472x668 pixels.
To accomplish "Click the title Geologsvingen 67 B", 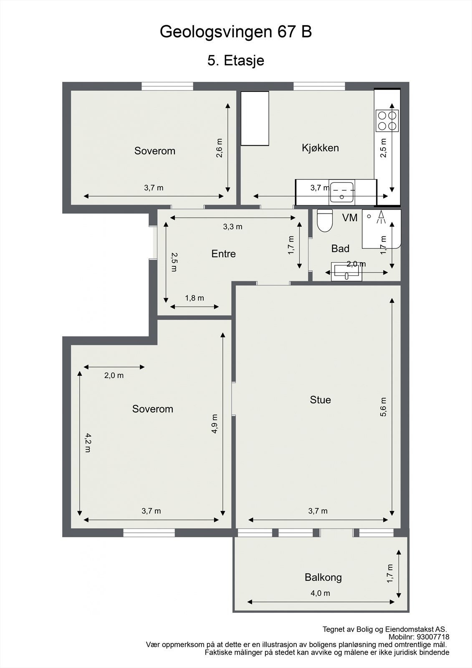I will point(236,32).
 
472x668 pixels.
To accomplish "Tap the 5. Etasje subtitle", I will point(236,61).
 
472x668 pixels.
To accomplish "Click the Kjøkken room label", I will point(320,148).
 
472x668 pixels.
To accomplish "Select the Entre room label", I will point(223,254).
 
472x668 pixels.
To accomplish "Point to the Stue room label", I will point(320,400).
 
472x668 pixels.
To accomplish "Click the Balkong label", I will point(323,577).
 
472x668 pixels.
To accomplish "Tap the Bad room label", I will point(340,249).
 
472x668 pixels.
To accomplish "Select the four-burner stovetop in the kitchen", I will point(387,120).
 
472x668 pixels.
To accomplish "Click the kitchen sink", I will point(342,192).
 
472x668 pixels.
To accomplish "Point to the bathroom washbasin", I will point(346,272).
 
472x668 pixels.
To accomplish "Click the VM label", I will point(350,218).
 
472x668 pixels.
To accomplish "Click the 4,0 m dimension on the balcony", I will point(321,593).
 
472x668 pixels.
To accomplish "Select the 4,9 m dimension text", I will point(215,424).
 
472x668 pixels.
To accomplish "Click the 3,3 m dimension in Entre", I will point(232,227).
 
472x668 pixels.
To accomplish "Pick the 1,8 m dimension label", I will point(194,298).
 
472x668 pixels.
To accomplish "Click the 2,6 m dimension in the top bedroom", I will point(220,148).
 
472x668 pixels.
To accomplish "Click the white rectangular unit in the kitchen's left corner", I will point(255,119).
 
